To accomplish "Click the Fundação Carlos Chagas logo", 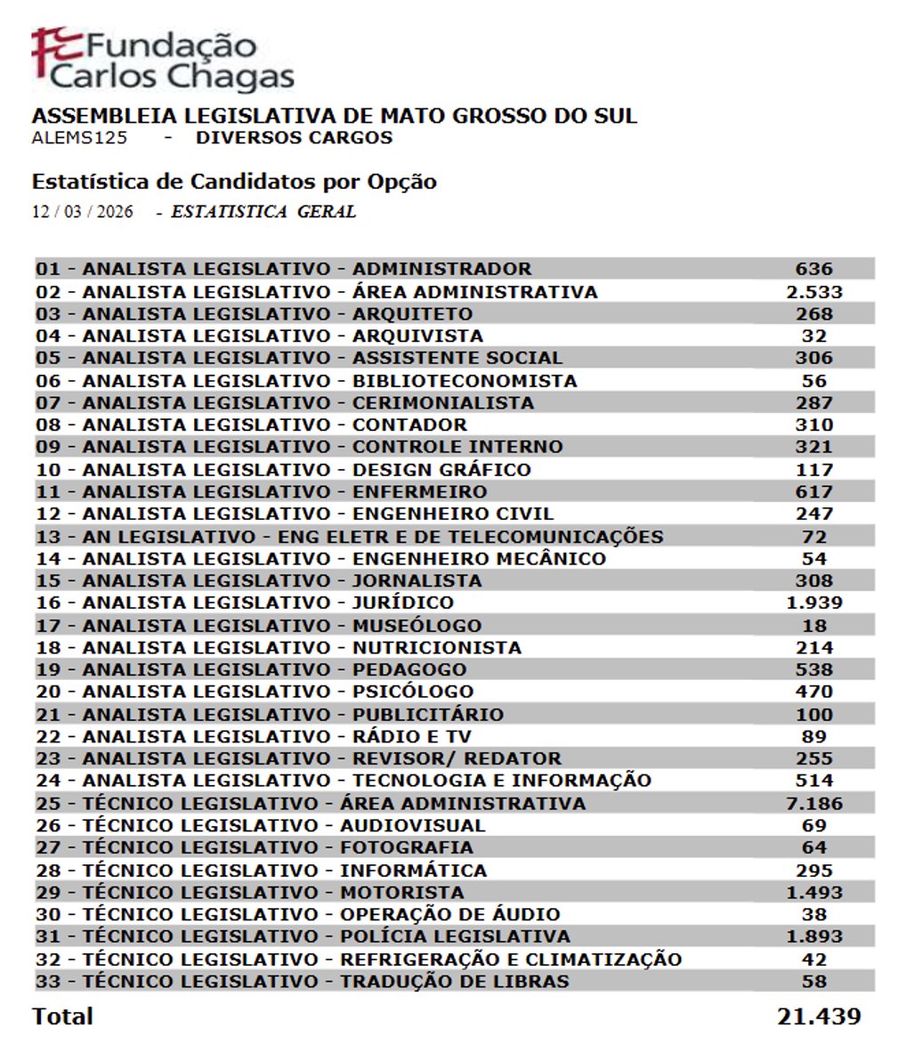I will tap(163, 60).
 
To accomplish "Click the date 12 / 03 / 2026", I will tap(83, 212).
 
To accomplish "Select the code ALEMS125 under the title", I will tap(79, 138).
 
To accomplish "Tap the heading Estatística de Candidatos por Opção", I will tap(234, 182).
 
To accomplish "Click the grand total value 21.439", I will tap(818, 1017).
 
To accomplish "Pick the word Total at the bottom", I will tap(62, 1017).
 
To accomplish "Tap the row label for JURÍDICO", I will tap(244, 603).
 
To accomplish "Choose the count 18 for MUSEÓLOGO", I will tap(814, 626).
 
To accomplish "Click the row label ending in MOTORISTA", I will tap(249, 893).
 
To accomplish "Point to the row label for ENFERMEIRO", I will tap(261, 491).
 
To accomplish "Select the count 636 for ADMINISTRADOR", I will tap(814, 269).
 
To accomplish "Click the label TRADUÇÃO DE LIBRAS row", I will tap(302, 982).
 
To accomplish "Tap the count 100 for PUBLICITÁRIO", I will tap(814, 715).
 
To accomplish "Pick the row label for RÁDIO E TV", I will tap(253, 736).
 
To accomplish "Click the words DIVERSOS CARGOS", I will tap(294, 138).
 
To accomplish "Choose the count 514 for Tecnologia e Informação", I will tap(814, 781).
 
